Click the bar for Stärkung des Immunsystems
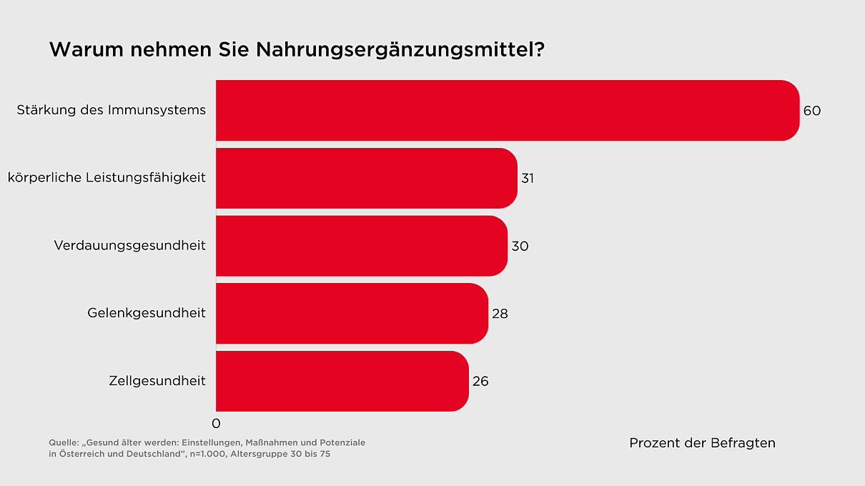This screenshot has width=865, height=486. pos(508,110)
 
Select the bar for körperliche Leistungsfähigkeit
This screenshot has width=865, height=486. pos(366,178)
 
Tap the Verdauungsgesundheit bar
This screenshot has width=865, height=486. pos(361,246)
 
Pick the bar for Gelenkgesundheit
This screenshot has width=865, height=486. pos(352,313)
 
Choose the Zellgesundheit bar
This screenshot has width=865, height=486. pos(342,381)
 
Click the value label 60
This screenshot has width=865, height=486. pos(811,111)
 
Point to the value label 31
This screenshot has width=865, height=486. pos(528,179)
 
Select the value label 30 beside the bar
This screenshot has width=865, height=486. pos(520,246)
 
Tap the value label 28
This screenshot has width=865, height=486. pos(500,314)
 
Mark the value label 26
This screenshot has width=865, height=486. pos(480,382)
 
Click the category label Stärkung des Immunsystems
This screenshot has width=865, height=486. pos(111,110)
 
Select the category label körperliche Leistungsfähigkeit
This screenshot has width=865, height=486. pos(107,178)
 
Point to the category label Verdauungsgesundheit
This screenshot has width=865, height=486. pos(129,246)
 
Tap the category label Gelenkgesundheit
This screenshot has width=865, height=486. pos(147,313)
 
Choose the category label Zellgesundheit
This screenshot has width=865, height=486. pos(157,381)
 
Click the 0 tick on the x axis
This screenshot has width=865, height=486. pos(216,424)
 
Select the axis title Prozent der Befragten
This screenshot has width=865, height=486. pos(702,443)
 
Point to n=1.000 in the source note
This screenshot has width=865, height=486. pos(208,454)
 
